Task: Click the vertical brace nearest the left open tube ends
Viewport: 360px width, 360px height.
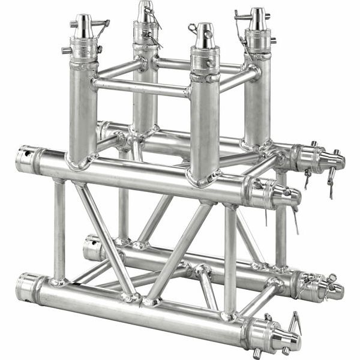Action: (59, 231)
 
